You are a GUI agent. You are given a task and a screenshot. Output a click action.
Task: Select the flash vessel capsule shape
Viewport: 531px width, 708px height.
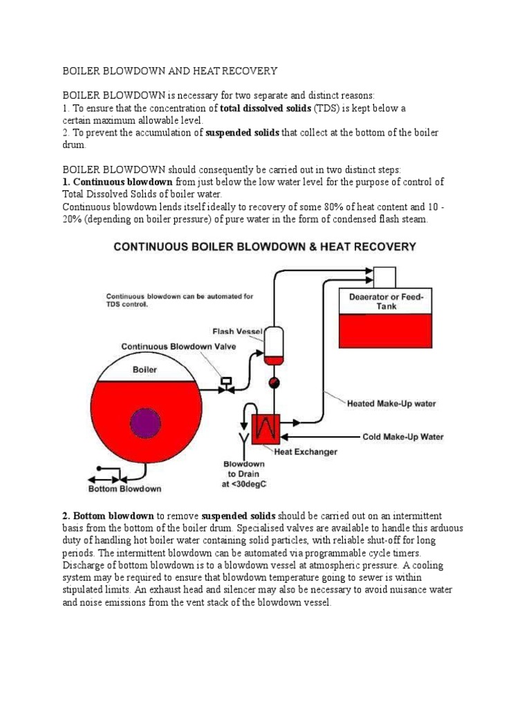coord(274,344)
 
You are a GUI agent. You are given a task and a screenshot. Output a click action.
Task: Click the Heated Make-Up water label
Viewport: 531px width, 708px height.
coord(391,403)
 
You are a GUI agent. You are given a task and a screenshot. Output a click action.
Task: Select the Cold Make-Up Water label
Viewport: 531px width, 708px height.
coord(403,437)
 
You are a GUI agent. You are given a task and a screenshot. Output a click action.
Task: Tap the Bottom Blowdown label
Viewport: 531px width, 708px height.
coord(124,489)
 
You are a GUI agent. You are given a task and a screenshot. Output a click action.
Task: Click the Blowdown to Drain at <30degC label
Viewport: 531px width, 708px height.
coord(243,474)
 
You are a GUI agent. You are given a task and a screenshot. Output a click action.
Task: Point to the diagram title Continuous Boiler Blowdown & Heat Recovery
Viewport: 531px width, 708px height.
coord(265,245)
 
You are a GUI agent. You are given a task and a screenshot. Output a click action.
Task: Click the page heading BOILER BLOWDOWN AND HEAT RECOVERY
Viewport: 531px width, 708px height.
coord(169,71)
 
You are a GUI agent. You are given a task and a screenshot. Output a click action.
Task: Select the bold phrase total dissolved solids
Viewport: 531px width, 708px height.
coord(265,109)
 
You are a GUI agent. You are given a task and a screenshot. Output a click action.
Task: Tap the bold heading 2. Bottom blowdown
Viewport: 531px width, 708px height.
coord(108,516)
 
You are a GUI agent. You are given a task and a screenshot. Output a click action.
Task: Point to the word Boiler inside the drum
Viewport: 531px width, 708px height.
coord(145,369)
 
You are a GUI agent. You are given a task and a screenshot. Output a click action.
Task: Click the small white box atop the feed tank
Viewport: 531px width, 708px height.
coord(384,276)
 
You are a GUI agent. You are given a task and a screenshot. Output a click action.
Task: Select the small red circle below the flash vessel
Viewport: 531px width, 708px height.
coord(274,381)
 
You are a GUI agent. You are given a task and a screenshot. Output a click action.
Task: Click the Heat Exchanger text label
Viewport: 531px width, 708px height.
coord(306,452)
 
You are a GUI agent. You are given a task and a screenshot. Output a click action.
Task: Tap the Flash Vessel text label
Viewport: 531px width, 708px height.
coord(236,331)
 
